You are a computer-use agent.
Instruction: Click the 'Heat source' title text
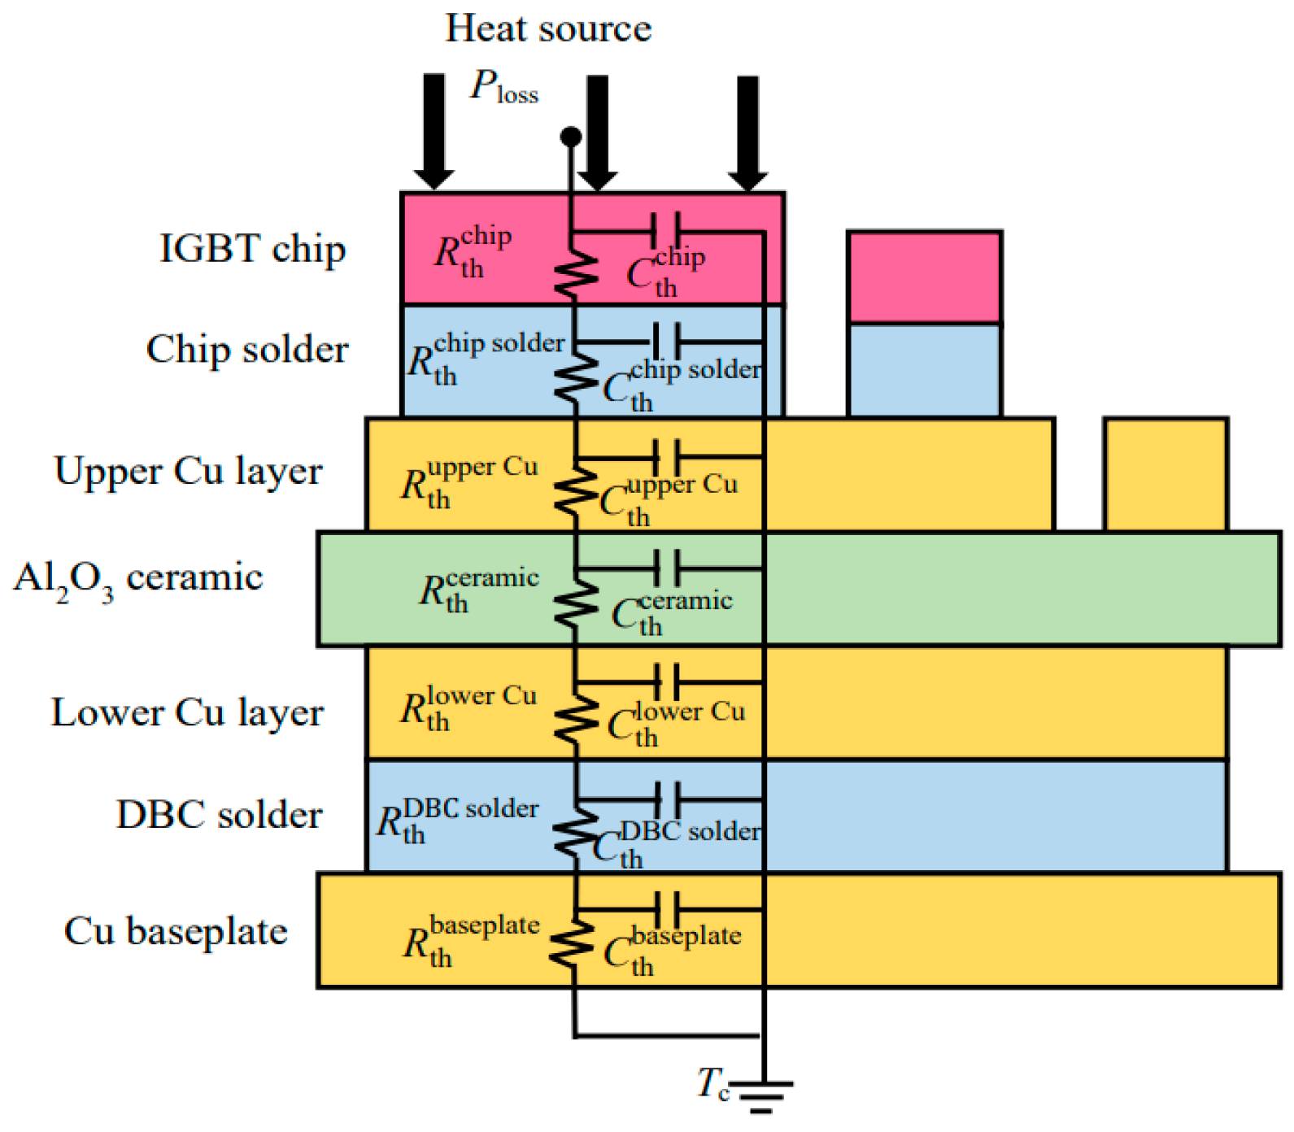click(x=548, y=29)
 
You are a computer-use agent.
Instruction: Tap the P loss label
click(x=504, y=86)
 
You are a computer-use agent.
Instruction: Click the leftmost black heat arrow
click(x=434, y=130)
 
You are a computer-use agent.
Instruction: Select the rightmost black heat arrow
click(x=747, y=132)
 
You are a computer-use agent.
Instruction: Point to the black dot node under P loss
click(x=571, y=136)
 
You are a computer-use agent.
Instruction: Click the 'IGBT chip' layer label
click(x=252, y=249)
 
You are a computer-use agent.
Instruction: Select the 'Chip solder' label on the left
click(x=247, y=350)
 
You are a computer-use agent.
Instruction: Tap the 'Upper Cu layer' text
click(x=188, y=472)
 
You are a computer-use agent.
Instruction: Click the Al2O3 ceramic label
click(x=138, y=579)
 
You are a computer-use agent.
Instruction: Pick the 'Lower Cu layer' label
click(x=187, y=713)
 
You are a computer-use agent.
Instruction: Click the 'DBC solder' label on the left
click(x=219, y=815)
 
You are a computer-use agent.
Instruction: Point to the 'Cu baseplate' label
click(x=176, y=932)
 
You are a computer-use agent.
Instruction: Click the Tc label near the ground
click(x=712, y=1084)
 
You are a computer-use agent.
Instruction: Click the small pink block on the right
click(x=924, y=277)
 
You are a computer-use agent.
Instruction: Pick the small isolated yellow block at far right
click(x=1165, y=474)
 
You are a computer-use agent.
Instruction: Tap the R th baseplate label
click(x=471, y=942)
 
